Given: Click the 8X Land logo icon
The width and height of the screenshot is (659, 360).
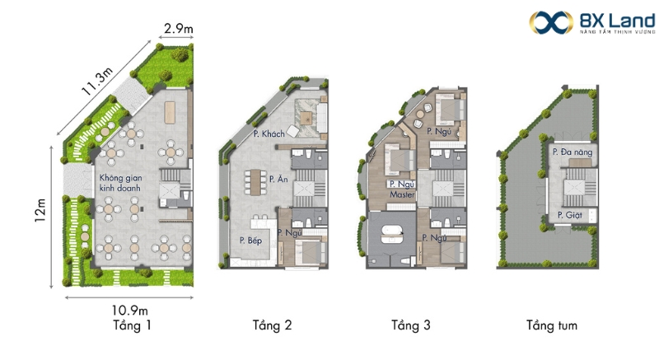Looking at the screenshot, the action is [x=551, y=22].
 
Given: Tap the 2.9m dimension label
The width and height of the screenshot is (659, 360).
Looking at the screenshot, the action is [x=179, y=29].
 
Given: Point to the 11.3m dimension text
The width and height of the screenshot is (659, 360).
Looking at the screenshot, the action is [x=97, y=81].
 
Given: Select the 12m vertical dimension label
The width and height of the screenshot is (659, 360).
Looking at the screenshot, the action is [x=40, y=210].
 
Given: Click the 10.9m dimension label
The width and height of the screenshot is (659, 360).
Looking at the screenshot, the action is [x=129, y=311].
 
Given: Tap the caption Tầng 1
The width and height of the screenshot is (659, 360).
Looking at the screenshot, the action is [x=132, y=325].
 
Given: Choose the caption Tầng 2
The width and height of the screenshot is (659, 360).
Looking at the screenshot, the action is [x=272, y=325].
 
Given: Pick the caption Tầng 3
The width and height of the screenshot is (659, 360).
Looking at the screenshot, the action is [x=410, y=325].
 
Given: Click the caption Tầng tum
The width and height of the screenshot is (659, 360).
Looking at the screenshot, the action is [x=552, y=325].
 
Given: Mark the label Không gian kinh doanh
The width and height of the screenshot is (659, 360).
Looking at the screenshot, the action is [x=120, y=183].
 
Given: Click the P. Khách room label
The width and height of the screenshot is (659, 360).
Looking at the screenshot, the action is [x=269, y=134].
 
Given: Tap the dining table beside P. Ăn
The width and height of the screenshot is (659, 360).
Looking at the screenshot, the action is [x=255, y=182].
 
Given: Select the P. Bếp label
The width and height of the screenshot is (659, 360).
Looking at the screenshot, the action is [x=250, y=241].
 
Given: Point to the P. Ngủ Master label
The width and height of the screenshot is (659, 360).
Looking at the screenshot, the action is [x=402, y=189].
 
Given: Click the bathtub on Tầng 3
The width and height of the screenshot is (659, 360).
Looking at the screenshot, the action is [x=392, y=235].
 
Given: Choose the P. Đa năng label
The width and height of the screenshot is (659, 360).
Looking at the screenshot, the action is [x=573, y=152].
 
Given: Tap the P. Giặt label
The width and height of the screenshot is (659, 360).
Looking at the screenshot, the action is [x=570, y=215].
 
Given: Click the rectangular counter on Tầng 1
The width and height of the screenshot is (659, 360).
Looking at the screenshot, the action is [x=170, y=112].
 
